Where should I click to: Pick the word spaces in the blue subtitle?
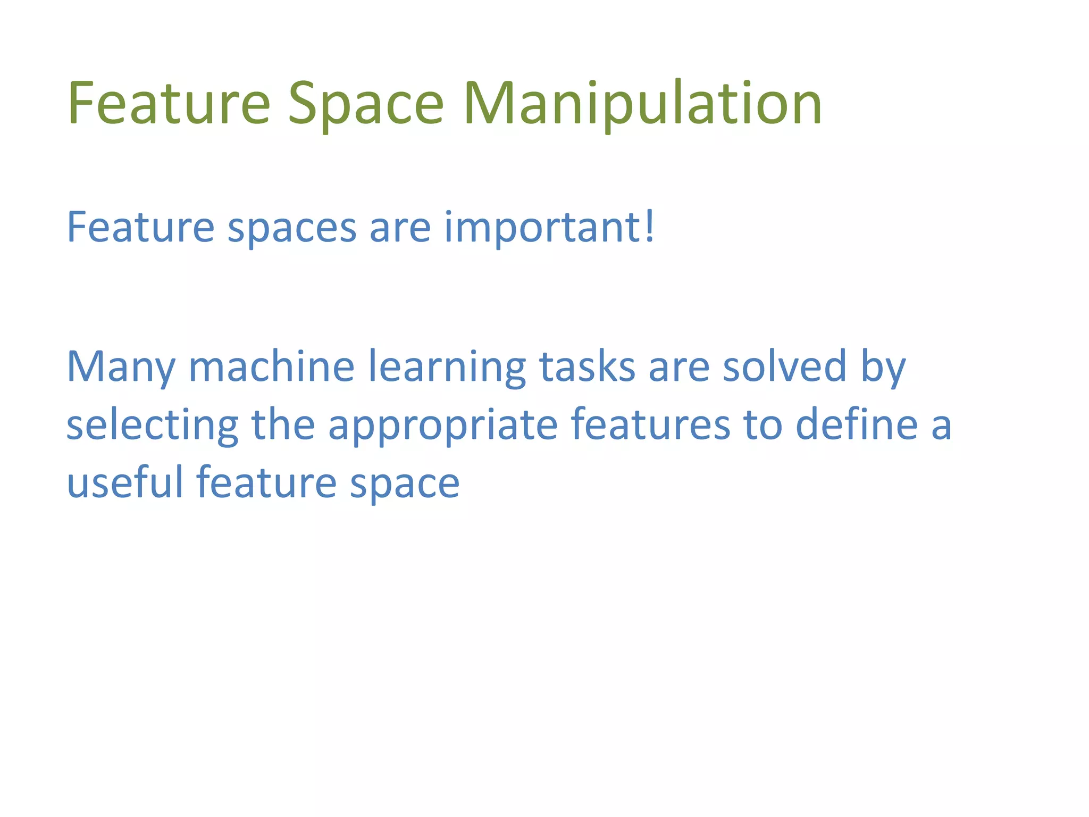[x=292, y=229]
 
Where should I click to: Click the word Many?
[x=121, y=367]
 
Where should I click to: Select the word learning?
[x=447, y=367]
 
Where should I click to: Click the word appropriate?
[x=442, y=426]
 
